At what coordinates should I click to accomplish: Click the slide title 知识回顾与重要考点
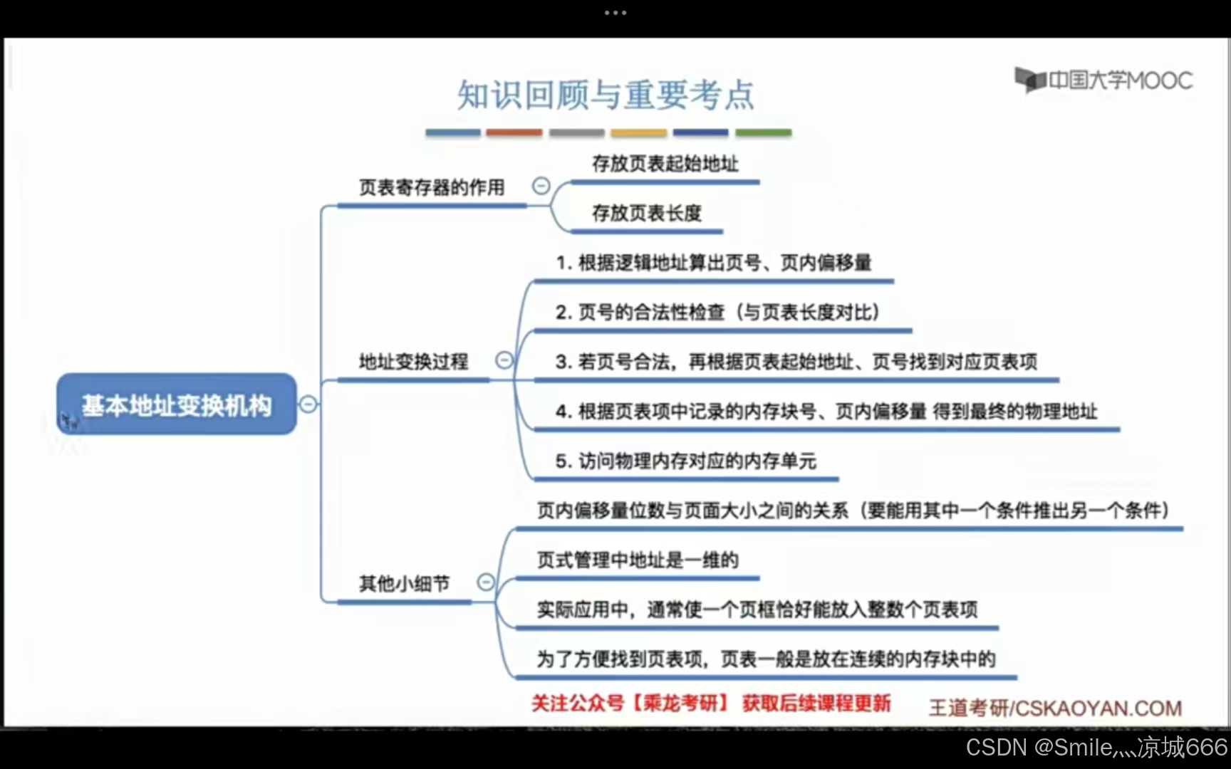tap(606, 95)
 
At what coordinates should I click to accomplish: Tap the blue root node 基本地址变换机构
tap(176, 404)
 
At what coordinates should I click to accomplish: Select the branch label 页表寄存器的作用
tap(432, 187)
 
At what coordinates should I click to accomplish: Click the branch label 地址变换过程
tap(413, 362)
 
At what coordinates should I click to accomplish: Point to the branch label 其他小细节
tap(404, 584)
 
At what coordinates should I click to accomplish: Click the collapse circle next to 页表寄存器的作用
tap(541, 186)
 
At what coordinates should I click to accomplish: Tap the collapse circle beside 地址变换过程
tap(504, 360)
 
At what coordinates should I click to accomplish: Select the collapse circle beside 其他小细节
tap(486, 582)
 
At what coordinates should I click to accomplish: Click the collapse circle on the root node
tap(308, 404)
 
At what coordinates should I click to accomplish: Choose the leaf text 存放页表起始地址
tap(665, 164)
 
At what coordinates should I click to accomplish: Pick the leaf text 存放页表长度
tap(646, 213)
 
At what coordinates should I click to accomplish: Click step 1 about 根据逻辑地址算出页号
tap(713, 263)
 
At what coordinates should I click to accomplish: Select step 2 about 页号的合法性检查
tap(717, 312)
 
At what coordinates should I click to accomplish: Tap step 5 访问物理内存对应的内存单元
tap(685, 461)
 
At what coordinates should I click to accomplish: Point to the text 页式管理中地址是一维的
tap(637, 560)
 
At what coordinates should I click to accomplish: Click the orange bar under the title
tap(514, 132)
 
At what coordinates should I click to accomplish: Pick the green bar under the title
tap(763, 132)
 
